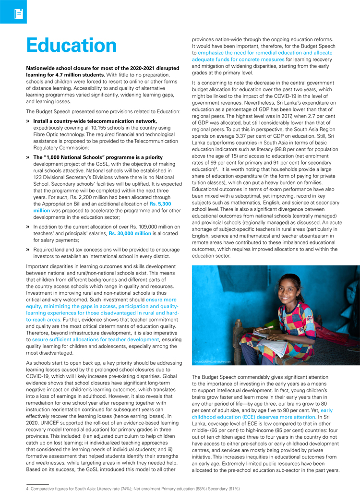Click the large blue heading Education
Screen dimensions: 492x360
72,45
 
